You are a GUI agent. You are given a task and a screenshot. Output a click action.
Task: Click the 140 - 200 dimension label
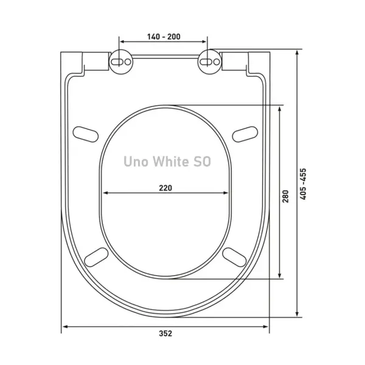(164, 36)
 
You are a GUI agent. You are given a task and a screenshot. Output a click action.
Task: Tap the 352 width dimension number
(165, 333)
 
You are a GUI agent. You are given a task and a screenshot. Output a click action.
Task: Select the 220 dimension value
(165, 188)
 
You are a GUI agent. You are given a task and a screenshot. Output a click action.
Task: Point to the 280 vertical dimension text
(285, 196)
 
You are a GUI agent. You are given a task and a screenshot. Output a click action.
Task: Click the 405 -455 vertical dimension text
(303, 184)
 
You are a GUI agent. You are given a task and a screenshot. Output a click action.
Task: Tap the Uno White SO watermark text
(167, 162)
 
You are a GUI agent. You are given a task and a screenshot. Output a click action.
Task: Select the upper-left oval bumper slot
(86, 134)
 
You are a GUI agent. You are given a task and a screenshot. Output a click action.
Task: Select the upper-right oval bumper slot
(245, 134)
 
